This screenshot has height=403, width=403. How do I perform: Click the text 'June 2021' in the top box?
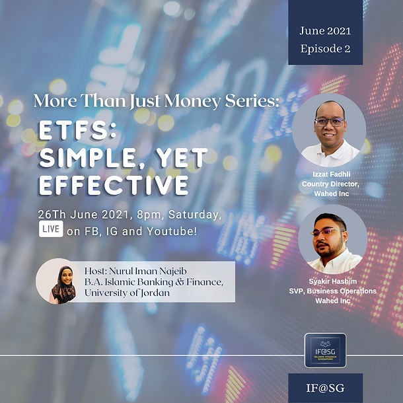pos(324,30)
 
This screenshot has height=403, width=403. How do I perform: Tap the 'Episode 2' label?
pos(324,48)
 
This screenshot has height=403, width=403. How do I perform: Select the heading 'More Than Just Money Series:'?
pos(157,102)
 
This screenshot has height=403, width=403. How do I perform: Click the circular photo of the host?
pos(59,281)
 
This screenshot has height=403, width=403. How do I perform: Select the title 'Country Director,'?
pos(329,184)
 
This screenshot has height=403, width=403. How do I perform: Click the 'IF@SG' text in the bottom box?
pos(325,388)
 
